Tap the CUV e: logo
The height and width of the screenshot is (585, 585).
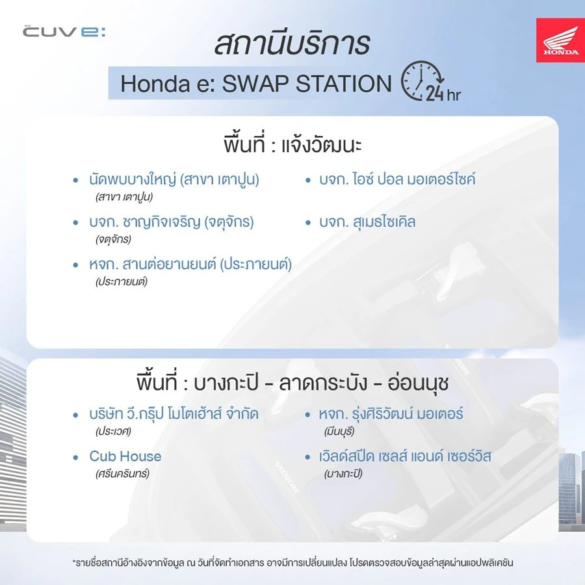pos(64,31)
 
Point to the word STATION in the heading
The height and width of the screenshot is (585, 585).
pos(344,83)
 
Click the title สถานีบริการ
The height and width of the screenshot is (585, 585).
pos(292,44)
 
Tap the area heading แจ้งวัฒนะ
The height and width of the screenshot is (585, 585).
pos(321,145)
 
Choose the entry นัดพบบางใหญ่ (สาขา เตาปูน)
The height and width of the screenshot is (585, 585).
pos(174,179)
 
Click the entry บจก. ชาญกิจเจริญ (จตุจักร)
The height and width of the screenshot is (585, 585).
pos(171,222)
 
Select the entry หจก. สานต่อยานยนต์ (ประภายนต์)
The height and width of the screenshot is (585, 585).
pos(190,264)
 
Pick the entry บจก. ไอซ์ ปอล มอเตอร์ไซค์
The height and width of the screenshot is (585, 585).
pos(397,179)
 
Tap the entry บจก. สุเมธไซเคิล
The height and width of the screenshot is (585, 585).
pos(367,222)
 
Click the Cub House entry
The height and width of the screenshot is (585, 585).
pos(125,456)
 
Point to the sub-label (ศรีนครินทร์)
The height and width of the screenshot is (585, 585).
pos(122,473)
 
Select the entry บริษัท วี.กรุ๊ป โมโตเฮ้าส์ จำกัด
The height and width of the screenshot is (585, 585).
pos(174,414)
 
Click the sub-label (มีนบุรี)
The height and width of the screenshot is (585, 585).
pos(339,432)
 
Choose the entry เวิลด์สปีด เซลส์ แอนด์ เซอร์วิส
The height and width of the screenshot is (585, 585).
pos(405,456)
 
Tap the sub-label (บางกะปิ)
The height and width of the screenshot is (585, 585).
pos(343,473)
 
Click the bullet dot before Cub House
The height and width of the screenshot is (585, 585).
pos(76,457)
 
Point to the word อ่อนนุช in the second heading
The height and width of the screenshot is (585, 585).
pos(418,383)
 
